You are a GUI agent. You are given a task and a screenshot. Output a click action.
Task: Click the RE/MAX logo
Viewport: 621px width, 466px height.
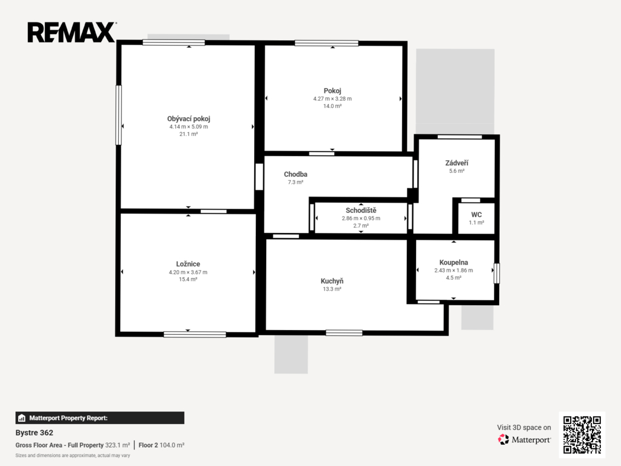coord(72,32)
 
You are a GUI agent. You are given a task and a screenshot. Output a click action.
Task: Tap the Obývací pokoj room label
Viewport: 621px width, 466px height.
coord(189,118)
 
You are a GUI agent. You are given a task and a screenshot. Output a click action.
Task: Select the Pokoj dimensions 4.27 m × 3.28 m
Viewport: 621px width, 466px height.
coord(332,99)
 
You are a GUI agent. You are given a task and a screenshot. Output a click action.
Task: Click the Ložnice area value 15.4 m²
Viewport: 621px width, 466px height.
coord(188,279)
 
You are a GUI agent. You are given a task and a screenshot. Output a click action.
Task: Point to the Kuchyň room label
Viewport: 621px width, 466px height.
coord(332,281)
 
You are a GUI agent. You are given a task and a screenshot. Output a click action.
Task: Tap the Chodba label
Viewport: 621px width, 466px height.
coord(295,174)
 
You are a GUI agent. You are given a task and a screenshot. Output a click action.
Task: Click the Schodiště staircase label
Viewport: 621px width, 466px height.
coord(361,211)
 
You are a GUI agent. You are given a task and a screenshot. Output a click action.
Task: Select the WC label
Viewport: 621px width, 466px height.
coord(477,214)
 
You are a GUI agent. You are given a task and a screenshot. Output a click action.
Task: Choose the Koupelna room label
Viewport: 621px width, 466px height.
coord(454,262)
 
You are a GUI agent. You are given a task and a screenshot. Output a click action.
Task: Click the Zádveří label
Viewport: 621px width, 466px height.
coord(457,163)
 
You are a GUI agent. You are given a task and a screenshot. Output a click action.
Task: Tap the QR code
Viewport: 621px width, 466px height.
coord(582,434)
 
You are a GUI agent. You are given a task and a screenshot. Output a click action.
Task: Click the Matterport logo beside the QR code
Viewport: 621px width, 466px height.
coord(525,439)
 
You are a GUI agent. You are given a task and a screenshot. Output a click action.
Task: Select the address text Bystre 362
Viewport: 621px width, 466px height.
coord(34,433)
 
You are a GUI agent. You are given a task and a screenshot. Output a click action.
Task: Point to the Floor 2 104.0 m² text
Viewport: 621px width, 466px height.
coord(161,445)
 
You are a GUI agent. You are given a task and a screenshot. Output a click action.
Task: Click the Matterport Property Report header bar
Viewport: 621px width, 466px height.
coord(100,417)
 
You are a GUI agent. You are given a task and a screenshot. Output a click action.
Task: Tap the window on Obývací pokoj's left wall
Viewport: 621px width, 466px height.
coord(118,115)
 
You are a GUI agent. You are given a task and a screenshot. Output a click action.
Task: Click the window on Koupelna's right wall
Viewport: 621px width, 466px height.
coord(497,274)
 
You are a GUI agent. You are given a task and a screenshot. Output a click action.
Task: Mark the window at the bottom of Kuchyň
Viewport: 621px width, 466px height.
coord(344,333)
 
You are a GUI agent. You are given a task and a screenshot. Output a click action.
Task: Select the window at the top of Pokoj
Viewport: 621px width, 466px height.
coord(326,43)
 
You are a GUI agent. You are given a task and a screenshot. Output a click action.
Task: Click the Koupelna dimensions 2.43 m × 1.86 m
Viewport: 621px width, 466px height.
coord(454,270)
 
